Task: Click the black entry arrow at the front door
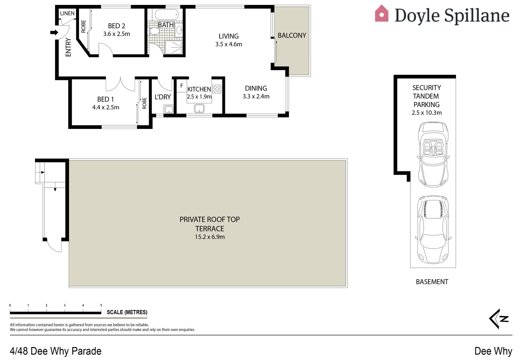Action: point(54,32)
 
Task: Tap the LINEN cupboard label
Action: point(67,13)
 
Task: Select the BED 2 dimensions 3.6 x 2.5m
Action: point(116,34)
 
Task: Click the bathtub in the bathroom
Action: point(167,14)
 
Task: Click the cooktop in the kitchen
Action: point(217,89)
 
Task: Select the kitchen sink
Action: point(199,109)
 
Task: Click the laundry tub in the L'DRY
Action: point(169,110)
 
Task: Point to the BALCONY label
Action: point(292,35)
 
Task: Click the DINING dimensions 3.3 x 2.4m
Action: point(256,96)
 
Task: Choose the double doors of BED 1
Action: point(120,84)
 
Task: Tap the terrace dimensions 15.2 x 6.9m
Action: point(210,237)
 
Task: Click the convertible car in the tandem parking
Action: point(433,154)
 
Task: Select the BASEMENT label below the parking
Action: point(432,282)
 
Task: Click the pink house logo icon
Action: point(382,13)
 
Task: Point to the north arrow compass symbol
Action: point(499,319)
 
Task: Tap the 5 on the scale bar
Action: point(101,305)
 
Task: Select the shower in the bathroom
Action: point(173,47)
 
